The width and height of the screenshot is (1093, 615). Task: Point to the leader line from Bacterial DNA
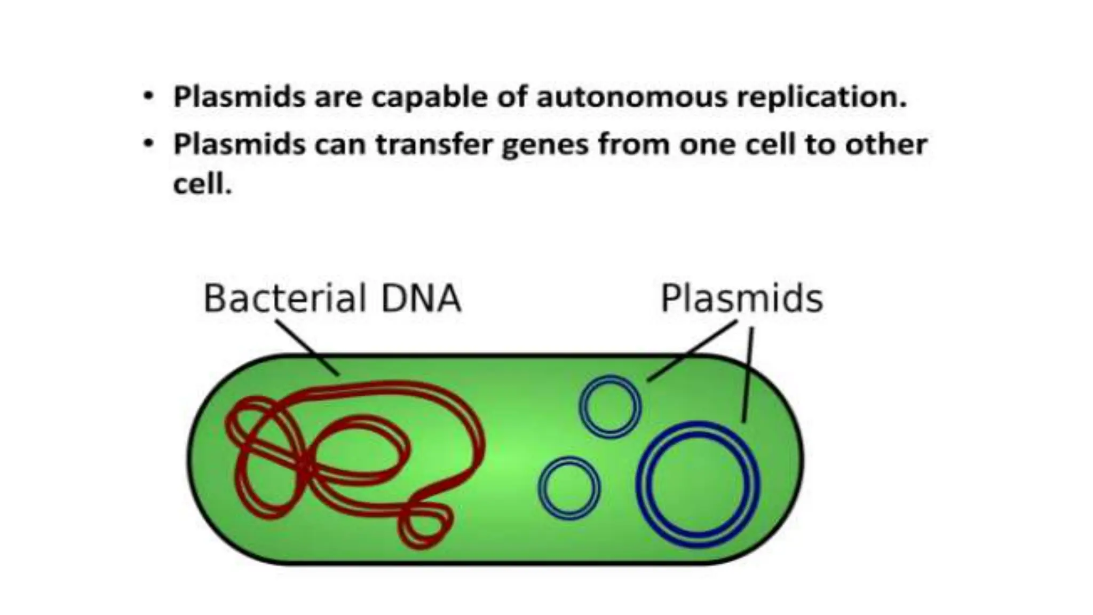pyautogui.click(x=307, y=347)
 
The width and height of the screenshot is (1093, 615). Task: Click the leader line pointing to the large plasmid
pyautogui.click(x=748, y=374)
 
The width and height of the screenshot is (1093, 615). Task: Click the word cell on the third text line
pyautogui.click(x=201, y=185)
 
